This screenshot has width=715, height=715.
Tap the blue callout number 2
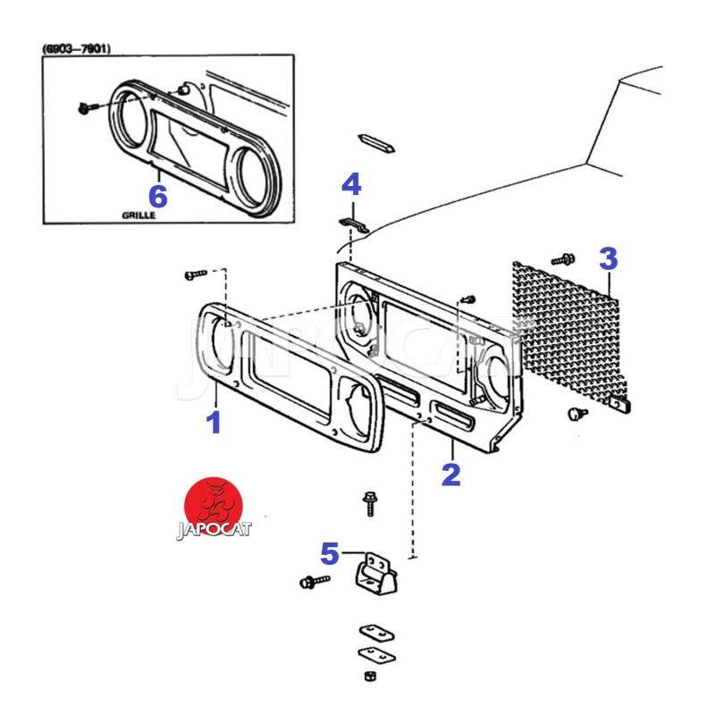451,474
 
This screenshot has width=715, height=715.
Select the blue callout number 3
608,260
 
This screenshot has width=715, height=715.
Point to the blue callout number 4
351,185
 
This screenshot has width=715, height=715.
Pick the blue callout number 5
330,554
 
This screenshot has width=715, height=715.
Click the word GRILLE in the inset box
145,215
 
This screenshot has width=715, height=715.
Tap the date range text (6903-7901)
76,49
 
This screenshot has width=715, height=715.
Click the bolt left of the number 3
563,259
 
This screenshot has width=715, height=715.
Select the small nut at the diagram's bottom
372,677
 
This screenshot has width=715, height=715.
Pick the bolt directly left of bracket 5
312,582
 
